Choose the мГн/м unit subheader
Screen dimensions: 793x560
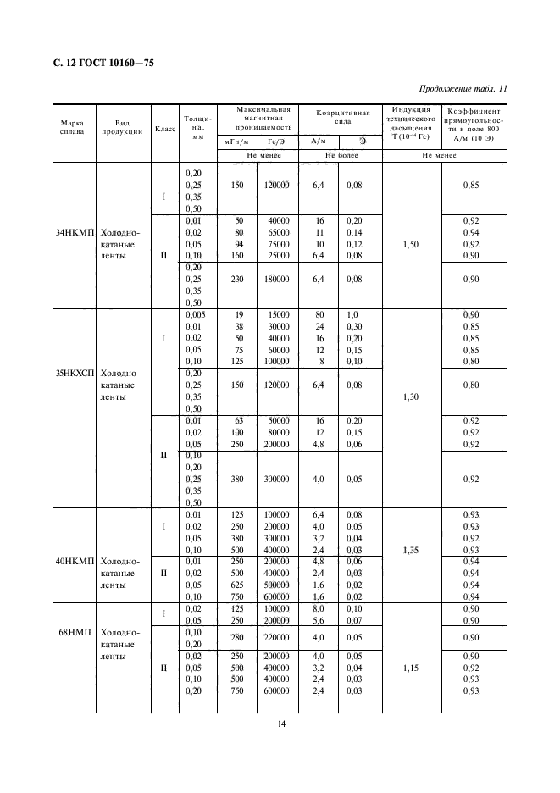(236, 141)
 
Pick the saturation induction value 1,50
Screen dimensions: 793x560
(411, 243)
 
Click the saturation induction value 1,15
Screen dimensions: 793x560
(411, 668)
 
